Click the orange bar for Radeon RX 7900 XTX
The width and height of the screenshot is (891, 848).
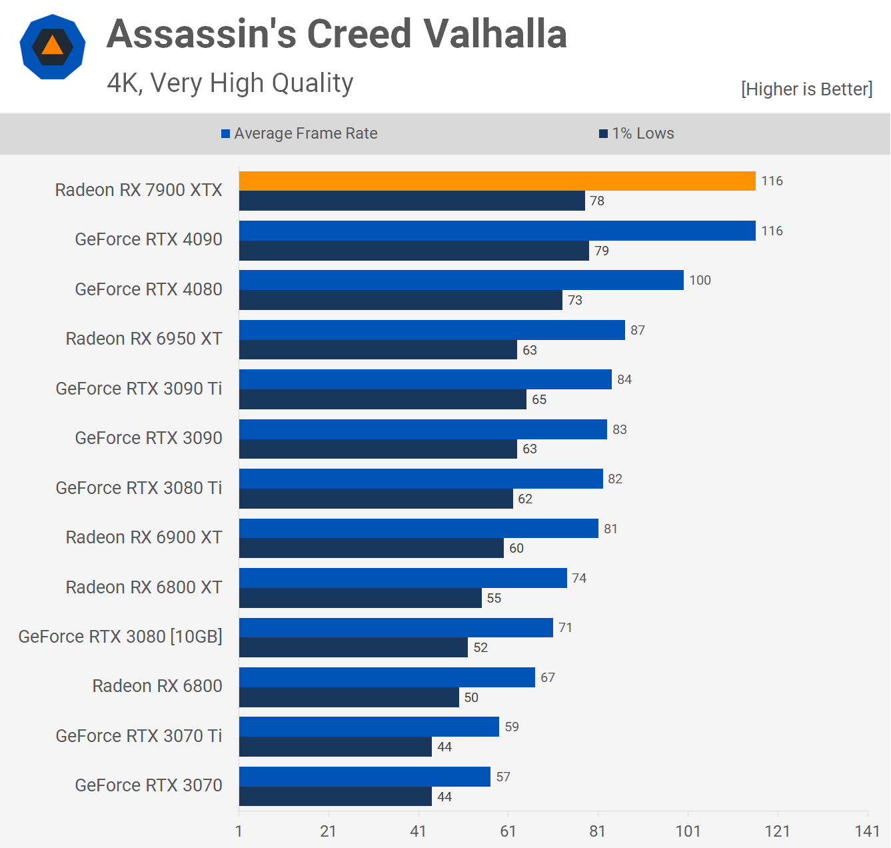coord(497,181)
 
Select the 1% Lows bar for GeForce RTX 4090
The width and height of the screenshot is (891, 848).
coord(414,251)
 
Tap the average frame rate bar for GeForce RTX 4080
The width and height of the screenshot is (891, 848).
coord(461,280)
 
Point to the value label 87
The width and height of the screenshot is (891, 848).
coord(638,330)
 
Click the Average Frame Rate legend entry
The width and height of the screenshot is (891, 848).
coord(299,133)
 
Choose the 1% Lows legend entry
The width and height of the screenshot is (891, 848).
coord(636,133)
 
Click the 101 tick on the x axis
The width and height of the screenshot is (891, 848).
coord(688,831)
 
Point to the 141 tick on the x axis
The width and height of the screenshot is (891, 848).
coord(867,831)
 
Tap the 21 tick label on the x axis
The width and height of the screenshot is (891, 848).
coord(329,831)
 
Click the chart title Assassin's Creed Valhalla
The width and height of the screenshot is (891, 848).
coord(337,35)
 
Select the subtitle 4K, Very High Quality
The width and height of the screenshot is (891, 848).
coord(230,83)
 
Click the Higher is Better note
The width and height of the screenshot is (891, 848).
coord(806,89)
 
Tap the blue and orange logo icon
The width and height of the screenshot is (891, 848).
coord(53,47)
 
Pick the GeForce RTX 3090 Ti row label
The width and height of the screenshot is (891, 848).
coord(139,389)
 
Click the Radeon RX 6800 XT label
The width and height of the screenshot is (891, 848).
coord(144,587)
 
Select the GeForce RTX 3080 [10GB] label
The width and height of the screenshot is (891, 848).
coord(121,637)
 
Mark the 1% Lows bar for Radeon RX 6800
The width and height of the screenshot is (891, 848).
coord(349,697)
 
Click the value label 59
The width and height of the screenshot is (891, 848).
coord(512,727)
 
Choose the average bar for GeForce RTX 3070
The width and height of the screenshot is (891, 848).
coord(365,777)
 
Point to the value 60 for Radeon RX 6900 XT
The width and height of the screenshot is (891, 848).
coord(516,548)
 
